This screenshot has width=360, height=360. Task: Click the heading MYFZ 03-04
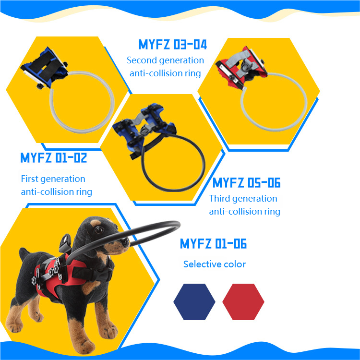(x=173, y=44)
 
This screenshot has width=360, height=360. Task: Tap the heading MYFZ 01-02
(x=54, y=158)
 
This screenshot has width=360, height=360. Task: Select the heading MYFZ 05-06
(x=246, y=183)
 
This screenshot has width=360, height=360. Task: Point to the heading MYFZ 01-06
(x=213, y=243)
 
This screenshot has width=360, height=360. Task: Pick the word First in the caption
(x=30, y=179)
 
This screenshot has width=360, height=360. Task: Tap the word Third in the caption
(x=219, y=198)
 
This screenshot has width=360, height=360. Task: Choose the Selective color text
(x=215, y=264)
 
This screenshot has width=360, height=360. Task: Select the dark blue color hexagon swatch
(x=194, y=302)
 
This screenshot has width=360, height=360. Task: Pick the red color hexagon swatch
(x=243, y=302)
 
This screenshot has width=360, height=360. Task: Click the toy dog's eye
(x=99, y=229)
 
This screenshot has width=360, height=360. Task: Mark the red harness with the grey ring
(x=241, y=67)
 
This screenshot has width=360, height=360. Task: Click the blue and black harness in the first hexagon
(x=44, y=67)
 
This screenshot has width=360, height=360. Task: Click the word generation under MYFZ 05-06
(x=255, y=199)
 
